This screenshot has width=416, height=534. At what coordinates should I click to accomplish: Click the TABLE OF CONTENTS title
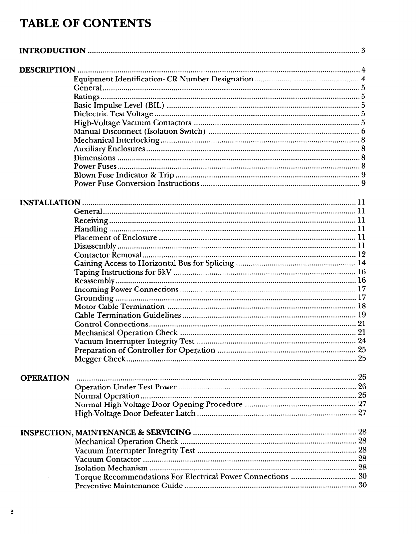(x=85, y=24)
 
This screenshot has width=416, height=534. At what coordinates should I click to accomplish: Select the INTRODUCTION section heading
(x=53, y=51)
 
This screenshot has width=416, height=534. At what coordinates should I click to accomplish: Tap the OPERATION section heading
(x=45, y=378)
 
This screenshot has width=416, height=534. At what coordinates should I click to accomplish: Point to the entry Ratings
(x=86, y=97)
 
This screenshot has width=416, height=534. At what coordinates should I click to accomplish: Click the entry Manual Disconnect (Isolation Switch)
(x=139, y=131)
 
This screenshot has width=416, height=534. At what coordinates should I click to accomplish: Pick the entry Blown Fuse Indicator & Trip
(x=124, y=175)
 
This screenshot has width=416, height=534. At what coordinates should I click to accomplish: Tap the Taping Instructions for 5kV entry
(x=123, y=272)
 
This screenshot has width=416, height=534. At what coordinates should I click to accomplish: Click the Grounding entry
(x=94, y=298)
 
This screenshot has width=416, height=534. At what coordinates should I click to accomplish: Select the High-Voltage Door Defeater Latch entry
(x=135, y=413)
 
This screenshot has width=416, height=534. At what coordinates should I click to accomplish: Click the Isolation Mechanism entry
(x=111, y=468)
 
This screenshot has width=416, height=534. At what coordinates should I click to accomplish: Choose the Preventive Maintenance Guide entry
(x=129, y=486)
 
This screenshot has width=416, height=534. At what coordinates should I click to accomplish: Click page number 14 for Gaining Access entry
(x=362, y=263)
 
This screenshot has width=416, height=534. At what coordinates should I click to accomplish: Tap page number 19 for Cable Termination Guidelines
(x=362, y=315)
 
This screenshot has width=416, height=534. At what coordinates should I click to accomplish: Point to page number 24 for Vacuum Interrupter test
(x=362, y=341)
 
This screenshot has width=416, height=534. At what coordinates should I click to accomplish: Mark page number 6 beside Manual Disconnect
(x=363, y=131)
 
